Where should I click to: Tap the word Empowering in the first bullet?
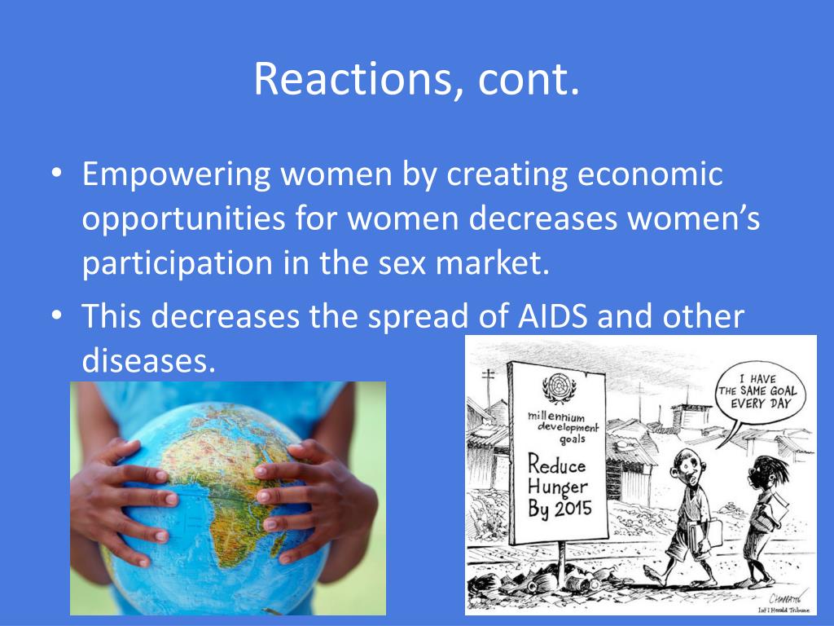coord(176,175)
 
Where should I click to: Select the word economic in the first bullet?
coord(650,174)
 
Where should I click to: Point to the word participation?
coord(177,264)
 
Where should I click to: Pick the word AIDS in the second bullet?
coord(553,315)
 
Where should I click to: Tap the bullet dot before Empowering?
coord(57,174)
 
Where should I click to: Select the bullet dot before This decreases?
coord(57,315)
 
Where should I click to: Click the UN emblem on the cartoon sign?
coord(558,388)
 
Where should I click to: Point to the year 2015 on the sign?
coord(573,509)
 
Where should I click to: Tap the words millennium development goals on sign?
coord(563,427)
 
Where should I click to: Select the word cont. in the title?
coord(528,79)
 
